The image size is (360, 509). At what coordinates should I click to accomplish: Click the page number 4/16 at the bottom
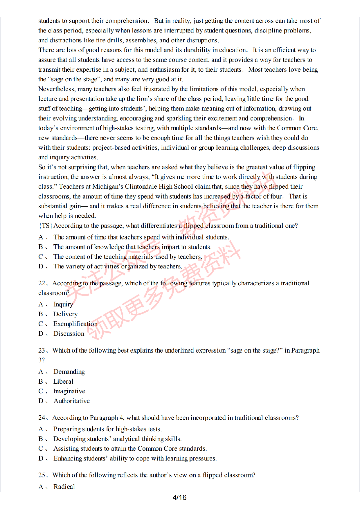click(179, 498)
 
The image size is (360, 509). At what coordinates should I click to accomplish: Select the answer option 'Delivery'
click(65, 314)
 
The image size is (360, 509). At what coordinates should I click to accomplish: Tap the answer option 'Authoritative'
click(71, 401)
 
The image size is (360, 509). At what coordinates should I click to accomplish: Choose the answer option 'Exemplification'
click(75, 324)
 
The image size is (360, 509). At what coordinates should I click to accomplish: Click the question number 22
click(42, 283)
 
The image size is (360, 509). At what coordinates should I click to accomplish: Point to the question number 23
click(42, 351)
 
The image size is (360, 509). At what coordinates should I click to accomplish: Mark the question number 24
click(42, 418)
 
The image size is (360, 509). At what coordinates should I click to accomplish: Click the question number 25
click(42, 475)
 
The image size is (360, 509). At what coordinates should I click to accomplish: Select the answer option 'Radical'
click(64, 487)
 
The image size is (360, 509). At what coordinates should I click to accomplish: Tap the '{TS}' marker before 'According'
click(45, 226)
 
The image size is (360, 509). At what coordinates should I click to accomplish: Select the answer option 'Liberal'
click(63, 382)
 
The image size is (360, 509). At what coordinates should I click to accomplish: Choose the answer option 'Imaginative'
click(69, 391)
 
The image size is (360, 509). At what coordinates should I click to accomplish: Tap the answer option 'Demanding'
click(69, 372)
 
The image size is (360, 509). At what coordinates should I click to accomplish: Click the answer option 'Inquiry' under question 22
click(63, 304)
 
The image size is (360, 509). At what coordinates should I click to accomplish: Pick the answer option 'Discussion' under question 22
click(69, 334)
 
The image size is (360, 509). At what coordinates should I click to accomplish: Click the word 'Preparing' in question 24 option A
click(66, 429)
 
